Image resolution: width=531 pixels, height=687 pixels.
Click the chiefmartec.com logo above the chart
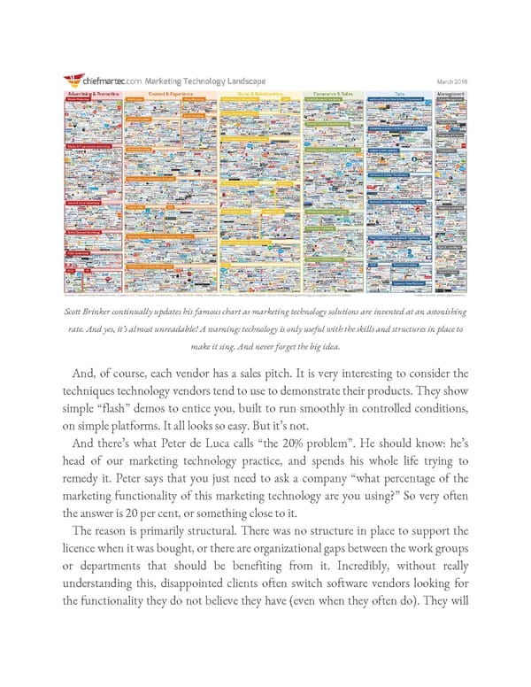103,83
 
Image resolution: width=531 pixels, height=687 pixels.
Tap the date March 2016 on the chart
452,83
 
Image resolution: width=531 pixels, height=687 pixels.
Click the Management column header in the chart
450,92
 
